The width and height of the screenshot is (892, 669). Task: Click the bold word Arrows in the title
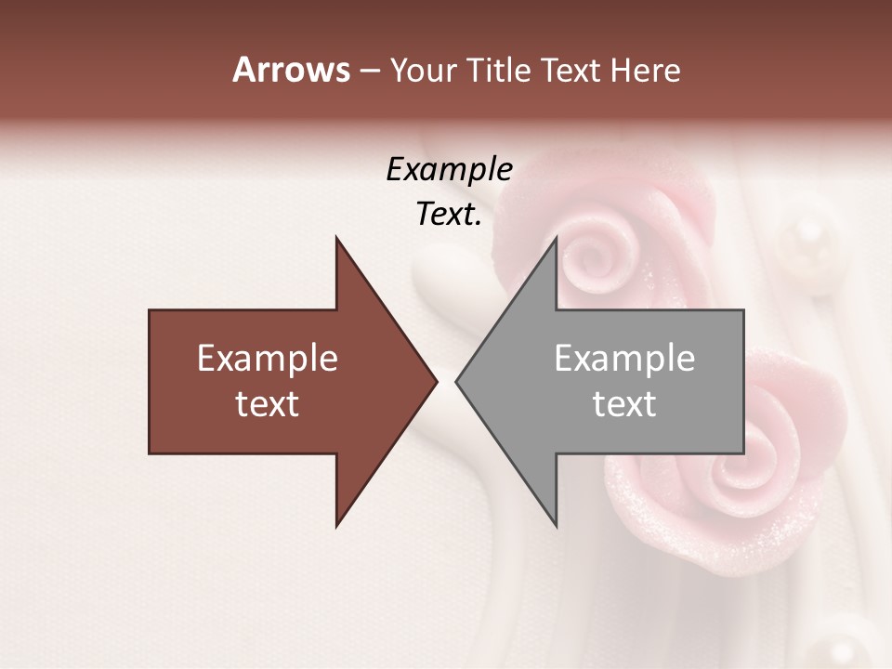coord(291,70)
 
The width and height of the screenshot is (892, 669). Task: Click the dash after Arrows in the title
coord(369,71)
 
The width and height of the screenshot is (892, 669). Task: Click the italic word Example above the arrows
coord(449,169)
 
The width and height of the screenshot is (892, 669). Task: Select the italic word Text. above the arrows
coord(449,215)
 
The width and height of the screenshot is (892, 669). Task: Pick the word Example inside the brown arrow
coord(268,359)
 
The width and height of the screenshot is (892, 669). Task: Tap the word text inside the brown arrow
coord(268,404)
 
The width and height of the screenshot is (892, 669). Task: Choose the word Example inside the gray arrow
coord(624,359)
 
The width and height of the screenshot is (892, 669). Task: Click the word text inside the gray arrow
coord(624,404)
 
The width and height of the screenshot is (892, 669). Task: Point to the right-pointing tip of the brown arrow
coord(436,381)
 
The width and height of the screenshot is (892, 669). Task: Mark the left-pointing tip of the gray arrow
coord(456,381)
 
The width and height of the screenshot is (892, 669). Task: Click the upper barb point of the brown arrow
coord(336,238)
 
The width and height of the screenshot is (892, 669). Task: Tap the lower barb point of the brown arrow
coord(336,526)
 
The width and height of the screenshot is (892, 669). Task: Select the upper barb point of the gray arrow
coord(556,238)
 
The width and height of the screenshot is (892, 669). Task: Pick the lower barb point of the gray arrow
coord(556,526)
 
